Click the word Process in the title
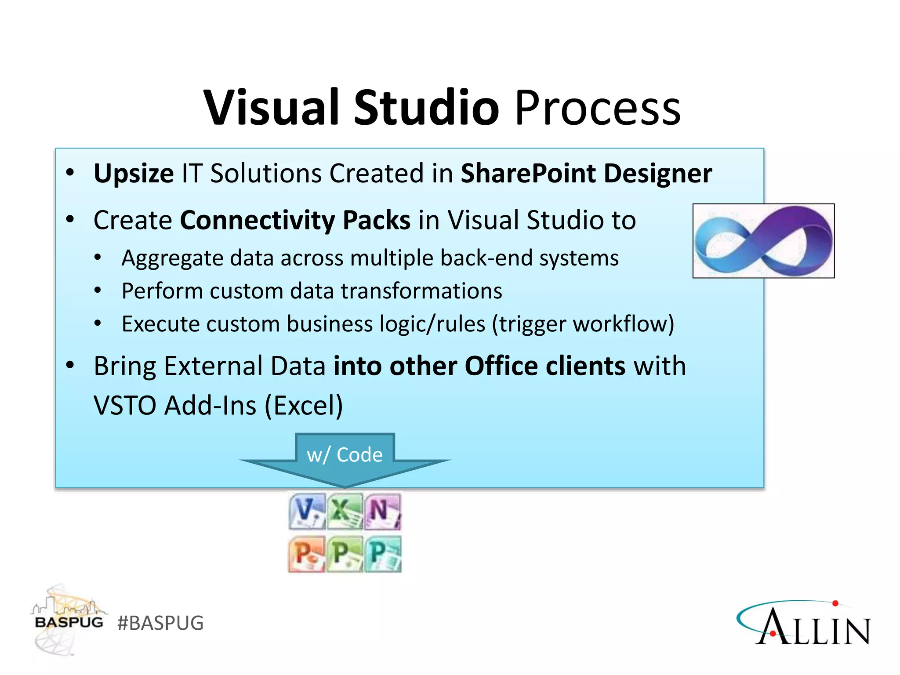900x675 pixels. click(x=598, y=108)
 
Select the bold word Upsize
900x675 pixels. click(x=134, y=173)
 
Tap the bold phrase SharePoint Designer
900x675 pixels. click(x=586, y=173)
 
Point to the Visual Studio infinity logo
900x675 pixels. click(x=763, y=241)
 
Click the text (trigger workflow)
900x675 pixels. click(x=583, y=324)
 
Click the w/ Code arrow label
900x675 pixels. click(x=345, y=455)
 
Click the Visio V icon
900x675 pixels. click(x=307, y=511)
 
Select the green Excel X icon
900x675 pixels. click(x=345, y=511)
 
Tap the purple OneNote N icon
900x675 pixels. click(x=382, y=511)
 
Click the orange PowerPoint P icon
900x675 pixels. click(x=307, y=554)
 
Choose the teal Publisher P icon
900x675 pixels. click(x=382, y=554)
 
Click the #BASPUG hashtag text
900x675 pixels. click(x=160, y=623)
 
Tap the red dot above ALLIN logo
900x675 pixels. click(x=835, y=603)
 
